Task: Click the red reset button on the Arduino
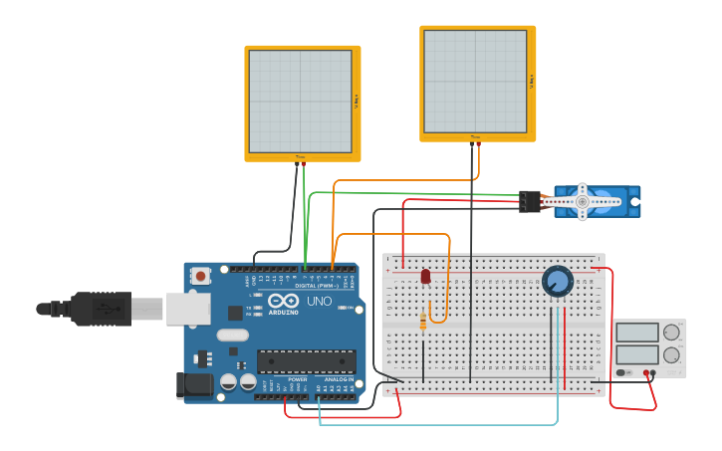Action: coord(201,276)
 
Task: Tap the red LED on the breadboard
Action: coord(425,276)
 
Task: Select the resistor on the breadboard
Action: coord(423,322)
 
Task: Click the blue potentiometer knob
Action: coord(558,281)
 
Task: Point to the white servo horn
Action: coord(583,202)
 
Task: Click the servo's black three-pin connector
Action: coord(530,201)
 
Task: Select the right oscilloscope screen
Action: coord(475,81)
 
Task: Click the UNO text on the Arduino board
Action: coord(319,301)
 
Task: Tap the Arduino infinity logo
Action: coord(283,301)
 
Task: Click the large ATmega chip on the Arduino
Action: coord(306,360)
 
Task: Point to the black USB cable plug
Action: coord(100,309)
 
